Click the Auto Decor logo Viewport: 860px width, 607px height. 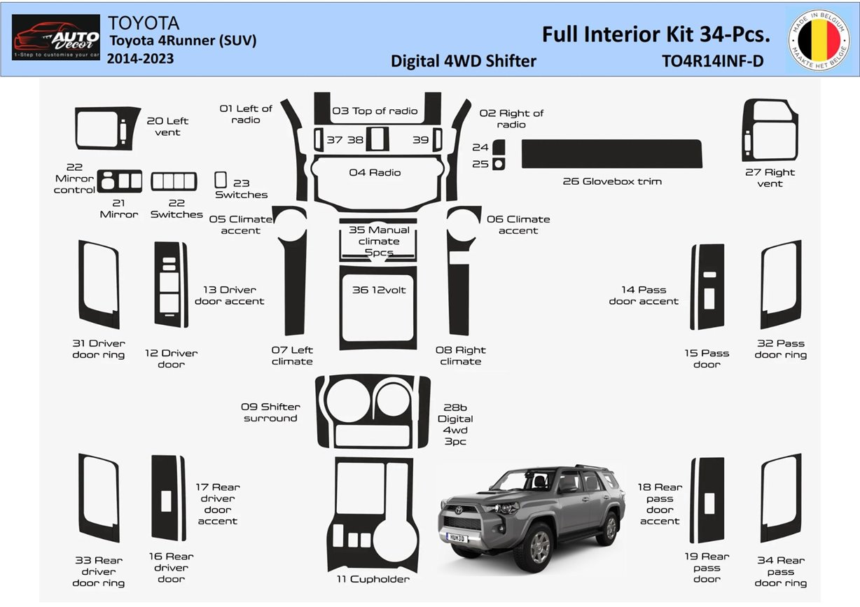tap(56, 37)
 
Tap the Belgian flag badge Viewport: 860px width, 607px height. tap(817, 39)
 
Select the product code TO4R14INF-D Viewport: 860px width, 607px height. tap(712, 62)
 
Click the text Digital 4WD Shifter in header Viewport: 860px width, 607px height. tap(463, 62)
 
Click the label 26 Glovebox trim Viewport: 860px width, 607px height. tap(611, 181)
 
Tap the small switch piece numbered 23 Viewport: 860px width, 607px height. tap(221, 179)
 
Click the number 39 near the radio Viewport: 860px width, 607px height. tap(420, 140)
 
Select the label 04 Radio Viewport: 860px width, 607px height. tap(375, 172)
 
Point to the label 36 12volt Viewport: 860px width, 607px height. tap(378, 290)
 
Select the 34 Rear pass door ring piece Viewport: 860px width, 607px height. tap(781, 498)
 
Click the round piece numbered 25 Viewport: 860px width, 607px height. tap(499, 164)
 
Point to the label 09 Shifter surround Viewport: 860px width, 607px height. tap(270, 412)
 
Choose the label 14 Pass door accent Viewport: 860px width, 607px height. tap(643, 295)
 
